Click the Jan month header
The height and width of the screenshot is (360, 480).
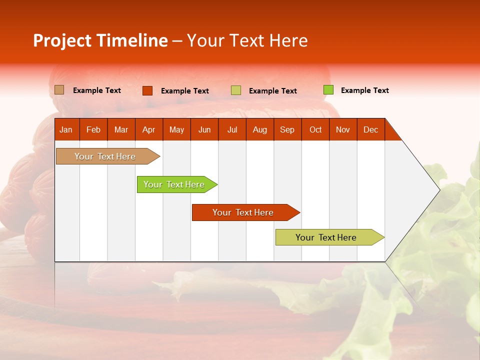pos(66,129)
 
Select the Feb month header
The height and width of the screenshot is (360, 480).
pos(93,129)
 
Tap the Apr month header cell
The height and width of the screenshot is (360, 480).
pos(149,129)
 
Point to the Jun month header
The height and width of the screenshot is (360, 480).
pos(204,129)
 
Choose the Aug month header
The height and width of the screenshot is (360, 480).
pos(260,129)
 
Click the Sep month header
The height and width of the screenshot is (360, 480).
pos(287,129)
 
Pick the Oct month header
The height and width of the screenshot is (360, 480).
pos(315,129)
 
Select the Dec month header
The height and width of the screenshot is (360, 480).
pos(371,129)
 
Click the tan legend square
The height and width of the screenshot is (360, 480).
pos(59,90)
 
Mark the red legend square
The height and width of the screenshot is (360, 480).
pos(147,90)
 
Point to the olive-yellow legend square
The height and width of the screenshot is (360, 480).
pos(236,90)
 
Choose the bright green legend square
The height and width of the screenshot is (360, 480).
pos(328,90)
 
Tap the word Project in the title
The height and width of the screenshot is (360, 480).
pos(63,40)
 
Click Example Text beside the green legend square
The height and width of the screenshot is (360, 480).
pos(364,90)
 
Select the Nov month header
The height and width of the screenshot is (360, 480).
pos(343,129)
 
